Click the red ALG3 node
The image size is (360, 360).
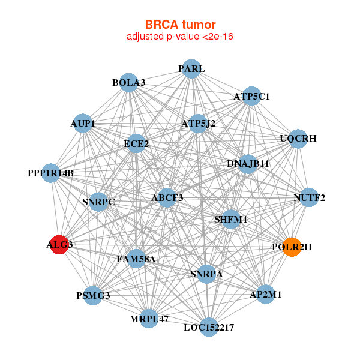(59, 245)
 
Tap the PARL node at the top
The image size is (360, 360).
(191, 68)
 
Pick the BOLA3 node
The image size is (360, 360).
(129, 82)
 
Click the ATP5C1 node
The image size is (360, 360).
(251, 96)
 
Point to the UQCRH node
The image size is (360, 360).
(298, 139)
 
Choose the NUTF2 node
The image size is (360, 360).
(309, 197)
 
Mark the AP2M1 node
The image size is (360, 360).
(266, 295)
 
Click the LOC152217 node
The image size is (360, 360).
(208, 327)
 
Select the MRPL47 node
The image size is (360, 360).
(149, 319)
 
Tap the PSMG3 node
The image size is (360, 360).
(93, 295)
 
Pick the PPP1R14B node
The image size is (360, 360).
(51, 173)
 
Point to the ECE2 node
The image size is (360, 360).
(136, 143)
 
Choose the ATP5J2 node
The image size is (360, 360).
(198, 124)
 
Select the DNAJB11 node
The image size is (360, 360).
(248, 163)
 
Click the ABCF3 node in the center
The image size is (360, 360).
(167, 197)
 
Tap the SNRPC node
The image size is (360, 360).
(98, 202)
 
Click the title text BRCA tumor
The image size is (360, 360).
(180, 25)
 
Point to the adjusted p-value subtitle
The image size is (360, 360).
(180, 37)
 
